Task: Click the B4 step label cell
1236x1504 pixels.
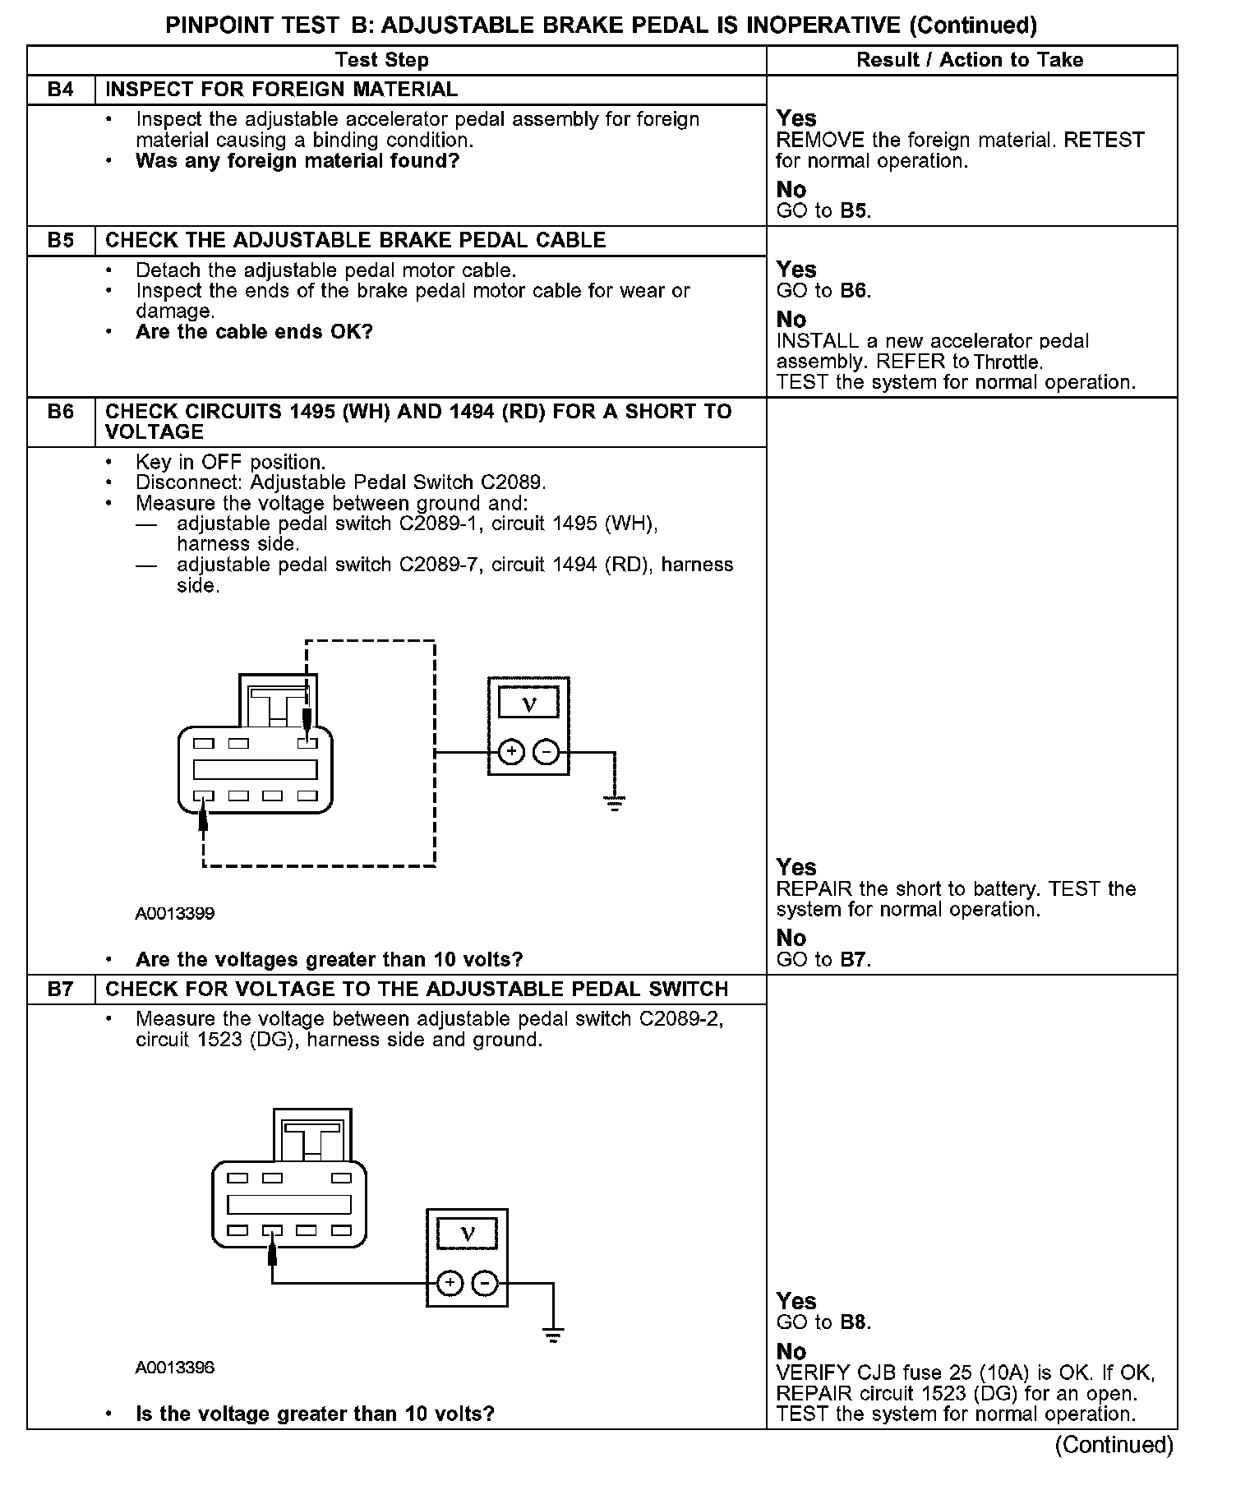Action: click(61, 90)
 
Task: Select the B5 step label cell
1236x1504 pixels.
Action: click(61, 241)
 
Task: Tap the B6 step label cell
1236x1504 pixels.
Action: click(61, 413)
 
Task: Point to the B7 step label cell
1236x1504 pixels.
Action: click(61, 990)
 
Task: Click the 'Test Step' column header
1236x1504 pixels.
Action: click(382, 60)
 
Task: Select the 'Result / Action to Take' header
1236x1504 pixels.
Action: click(970, 60)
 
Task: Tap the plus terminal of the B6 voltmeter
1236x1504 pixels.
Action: click(511, 752)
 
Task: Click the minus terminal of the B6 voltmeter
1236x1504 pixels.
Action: click(547, 752)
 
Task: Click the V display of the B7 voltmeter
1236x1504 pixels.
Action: click(468, 1234)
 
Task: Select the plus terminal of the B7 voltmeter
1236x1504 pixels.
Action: click(450, 1283)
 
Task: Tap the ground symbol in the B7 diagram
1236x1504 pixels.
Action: click(553, 1335)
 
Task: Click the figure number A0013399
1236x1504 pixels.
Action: click(175, 914)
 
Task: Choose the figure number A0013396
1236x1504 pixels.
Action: click(175, 1368)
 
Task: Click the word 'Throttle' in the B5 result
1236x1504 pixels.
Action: click(1008, 362)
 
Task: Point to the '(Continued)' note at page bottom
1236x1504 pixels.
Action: click(1114, 1444)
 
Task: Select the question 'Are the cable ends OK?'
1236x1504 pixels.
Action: click(254, 333)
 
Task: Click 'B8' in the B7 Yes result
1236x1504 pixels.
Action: click(854, 1322)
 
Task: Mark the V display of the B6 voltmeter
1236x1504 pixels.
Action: click(529, 704)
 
